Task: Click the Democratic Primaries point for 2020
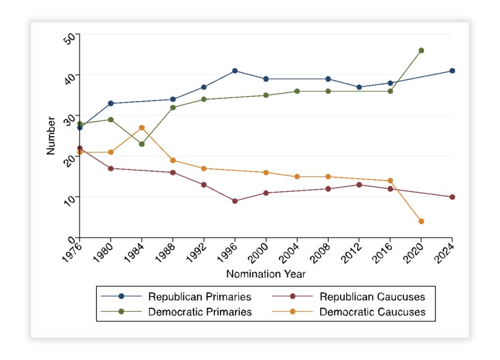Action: (421, 51)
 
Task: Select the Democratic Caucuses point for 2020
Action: (421, 221)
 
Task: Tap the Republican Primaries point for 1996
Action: (235, 71)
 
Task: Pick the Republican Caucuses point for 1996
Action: (235, 201)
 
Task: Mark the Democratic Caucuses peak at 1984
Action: (142, 128)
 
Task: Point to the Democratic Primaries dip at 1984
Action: (142, 144)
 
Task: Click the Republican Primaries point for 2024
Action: (452, 71)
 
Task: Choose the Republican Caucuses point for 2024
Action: (452, 197)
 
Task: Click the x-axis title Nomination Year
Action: (266, 274)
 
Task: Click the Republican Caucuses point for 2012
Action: (359, 184)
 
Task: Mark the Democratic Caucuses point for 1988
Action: (173, 161)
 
